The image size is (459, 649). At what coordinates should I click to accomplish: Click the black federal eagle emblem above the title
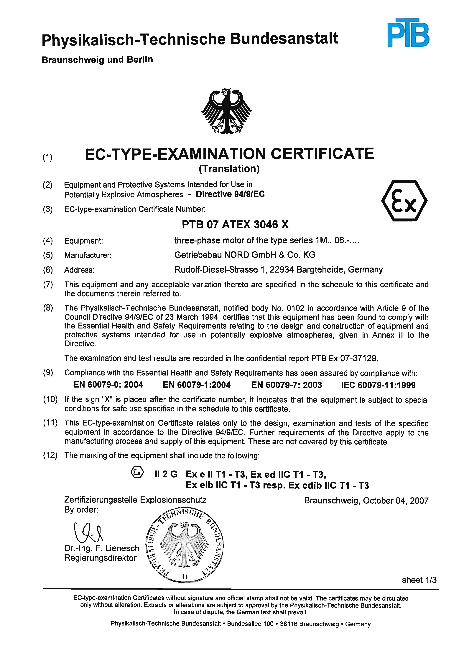(x=226, y=111)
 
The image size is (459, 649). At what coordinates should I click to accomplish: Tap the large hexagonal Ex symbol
(x=404, y=200)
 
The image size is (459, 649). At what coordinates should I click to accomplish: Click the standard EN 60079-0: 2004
(x=108, y=385)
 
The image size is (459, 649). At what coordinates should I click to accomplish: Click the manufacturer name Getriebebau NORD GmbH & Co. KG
(x=245, y=255)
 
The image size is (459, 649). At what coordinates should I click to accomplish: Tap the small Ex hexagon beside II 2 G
(x=137, y=472)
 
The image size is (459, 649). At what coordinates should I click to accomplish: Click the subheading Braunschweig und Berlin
(x=97, y=60)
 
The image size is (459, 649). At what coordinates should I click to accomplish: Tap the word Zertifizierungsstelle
(x=101, y=500)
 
